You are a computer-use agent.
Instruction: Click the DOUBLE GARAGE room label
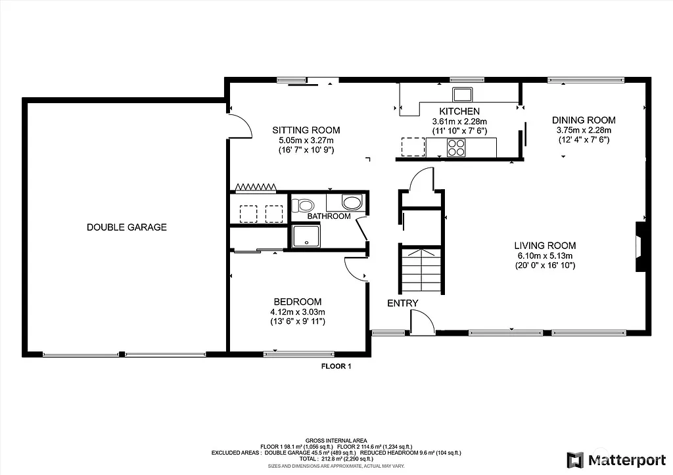click(x=127, y=227)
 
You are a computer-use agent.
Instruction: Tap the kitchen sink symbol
click(x=462, y=92)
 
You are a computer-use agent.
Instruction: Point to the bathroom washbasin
click(x=351, y=202)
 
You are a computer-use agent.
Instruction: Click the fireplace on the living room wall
click(x=639, y=246)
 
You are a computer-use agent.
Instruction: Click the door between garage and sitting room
click(x=240, y=124)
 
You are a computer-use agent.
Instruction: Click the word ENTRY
click(x=402, y=303)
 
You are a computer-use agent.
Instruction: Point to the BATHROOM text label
click(x=329, y=216)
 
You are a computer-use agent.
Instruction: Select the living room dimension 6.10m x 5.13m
click(x=544, y=256)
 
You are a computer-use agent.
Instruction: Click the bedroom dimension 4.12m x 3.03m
click(x=298, y=311)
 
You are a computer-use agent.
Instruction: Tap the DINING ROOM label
click(x=583, y=120)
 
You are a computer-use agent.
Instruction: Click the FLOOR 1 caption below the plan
click(x=336, y=367)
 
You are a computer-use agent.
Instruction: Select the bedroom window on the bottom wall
click(x=298, y=354)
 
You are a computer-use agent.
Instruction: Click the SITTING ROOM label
click(x=306, y=130)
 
